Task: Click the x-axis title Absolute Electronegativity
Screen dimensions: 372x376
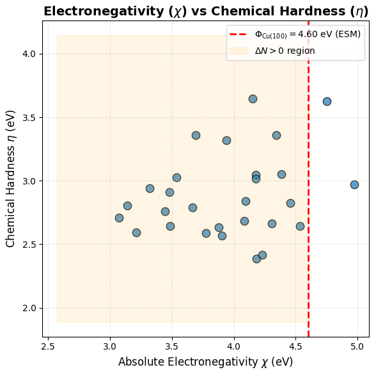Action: pos(205,362)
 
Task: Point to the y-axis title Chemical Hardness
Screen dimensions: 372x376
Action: pos(10,179)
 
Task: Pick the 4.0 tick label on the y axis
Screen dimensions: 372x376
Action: pos(29,54)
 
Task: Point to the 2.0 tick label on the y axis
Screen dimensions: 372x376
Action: pos(29,308)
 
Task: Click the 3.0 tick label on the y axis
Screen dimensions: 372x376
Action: pos(29,181)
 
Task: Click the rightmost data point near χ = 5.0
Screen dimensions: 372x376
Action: pos(354,184)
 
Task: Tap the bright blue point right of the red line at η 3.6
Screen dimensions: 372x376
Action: pos(327,101)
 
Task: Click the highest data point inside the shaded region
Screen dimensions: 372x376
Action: pos(253,99)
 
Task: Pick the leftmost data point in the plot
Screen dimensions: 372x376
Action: pos(119,218)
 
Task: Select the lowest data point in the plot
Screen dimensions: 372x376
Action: pos(256,259)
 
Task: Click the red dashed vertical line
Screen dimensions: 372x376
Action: pos(308,192)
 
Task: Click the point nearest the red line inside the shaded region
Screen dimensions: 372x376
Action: pos(300,226)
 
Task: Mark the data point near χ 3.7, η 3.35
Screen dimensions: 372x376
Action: pos(196,135)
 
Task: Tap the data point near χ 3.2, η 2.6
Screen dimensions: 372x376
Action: pos(136,232)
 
